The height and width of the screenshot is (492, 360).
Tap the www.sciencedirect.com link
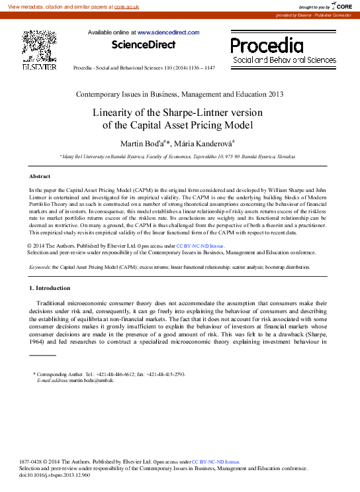[168, 32]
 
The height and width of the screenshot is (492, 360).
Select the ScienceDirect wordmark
[144, 45]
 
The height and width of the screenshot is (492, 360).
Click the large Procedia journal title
[267, 46]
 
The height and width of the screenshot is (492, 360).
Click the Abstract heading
[40, 177]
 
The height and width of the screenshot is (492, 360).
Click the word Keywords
[40, 267]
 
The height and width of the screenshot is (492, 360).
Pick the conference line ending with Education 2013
[180, 93]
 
